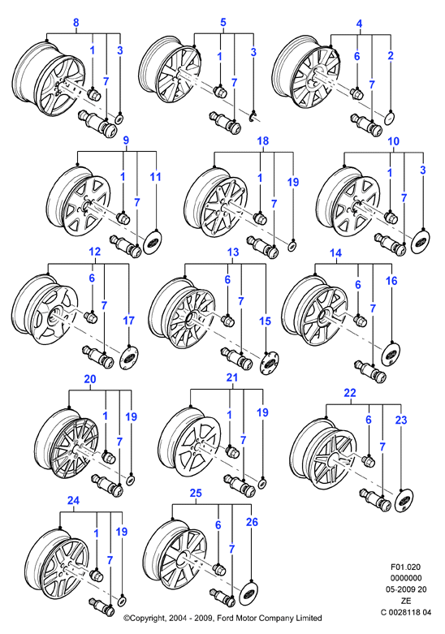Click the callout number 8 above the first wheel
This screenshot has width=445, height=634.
(x=76, y=23)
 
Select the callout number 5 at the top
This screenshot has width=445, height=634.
(x=222, y=23)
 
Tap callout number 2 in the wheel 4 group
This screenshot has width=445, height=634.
(x=391, y=55)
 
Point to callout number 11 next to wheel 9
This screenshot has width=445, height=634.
(x=155, y=177)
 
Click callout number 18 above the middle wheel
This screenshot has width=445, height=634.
(x=263, y=140)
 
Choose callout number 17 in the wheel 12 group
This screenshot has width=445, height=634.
(x=128, y=321)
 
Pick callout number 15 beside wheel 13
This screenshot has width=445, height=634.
(x=265, y=321)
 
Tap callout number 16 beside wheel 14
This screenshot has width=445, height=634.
(x=391, y=281)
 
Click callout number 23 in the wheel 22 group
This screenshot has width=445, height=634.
(x=401, y=421)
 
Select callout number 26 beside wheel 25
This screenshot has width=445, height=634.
(x=252, y=522)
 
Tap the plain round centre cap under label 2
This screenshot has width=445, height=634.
(x=389, y=119)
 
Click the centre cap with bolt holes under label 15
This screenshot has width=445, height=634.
(x=269, y=362)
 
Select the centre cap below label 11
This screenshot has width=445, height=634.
(x=153, y=242)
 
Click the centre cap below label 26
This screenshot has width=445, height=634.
(x=248, y=594)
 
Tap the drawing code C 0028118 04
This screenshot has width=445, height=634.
(x=406, y=612)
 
